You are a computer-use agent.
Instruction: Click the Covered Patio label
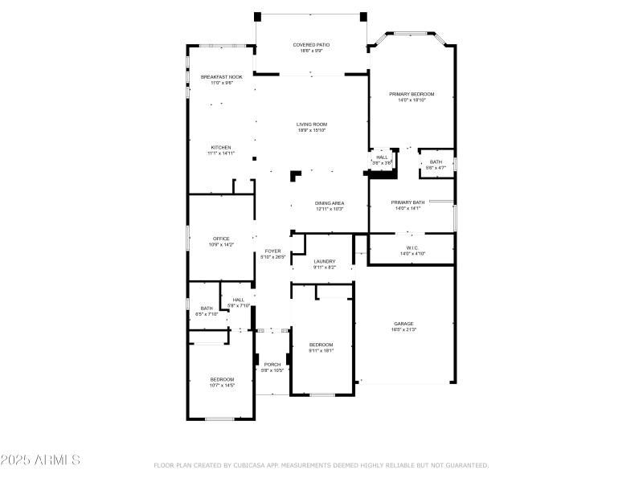pos(311,47)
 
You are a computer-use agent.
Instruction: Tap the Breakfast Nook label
pos(221,79)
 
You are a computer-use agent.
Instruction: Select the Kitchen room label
pos(221,149)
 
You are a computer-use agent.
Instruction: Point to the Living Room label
pos(311,127)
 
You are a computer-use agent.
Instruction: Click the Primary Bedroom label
pos(412,96)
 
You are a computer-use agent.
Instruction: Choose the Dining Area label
pos(329,206)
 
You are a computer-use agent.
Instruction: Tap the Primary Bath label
pos(408,205)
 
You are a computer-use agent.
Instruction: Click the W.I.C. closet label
pos(412,250)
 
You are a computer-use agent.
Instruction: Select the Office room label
pos(221,241)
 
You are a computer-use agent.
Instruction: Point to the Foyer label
pos(273,253)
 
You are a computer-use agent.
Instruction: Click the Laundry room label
pos(324,263)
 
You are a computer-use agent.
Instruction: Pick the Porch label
pos(272,367)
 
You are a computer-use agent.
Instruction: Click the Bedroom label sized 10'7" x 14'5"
pos(222,382)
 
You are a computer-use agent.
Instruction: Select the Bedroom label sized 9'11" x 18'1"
pos(321,347)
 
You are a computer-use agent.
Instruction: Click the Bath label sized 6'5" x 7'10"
pos(207,310)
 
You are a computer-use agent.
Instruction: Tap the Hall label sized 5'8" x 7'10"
pos(239,302)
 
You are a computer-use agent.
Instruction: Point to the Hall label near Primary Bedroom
pos(382,159)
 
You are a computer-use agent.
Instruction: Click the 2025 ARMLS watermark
pos(40,460)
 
